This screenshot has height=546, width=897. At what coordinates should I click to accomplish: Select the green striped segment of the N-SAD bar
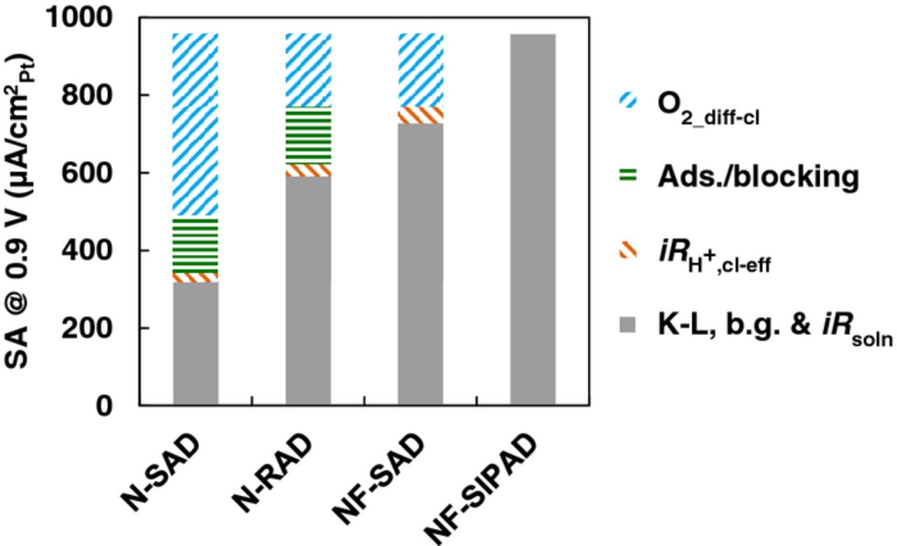point(196,244)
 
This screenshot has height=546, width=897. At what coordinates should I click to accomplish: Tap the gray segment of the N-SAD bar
point(196,343)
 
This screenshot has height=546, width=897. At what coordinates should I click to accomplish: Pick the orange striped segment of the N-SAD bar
point(196,278)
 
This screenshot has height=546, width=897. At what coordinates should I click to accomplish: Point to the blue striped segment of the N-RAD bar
point(308,70)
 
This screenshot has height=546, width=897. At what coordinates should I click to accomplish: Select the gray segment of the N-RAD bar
point(308,290)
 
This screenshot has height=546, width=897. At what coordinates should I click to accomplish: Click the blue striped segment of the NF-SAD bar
point(420,70)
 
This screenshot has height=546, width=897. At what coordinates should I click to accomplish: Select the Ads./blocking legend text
point(758,177)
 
